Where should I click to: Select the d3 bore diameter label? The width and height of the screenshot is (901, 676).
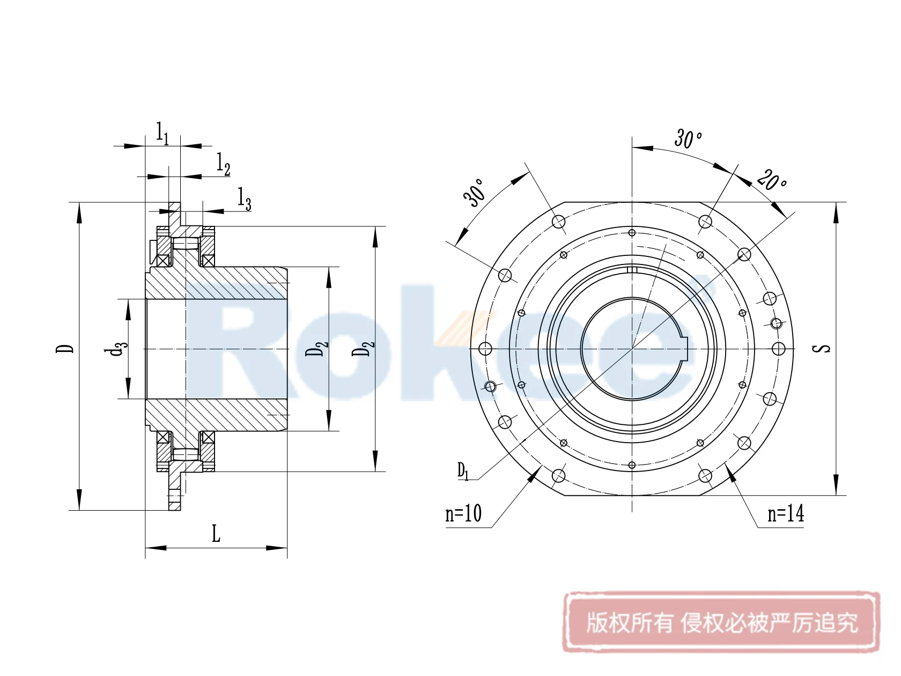[116, 349]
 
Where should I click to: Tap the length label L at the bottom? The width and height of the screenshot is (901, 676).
[216, 534]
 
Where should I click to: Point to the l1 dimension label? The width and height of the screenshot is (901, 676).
[163, 133]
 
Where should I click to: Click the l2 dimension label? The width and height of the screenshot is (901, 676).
[223, 164]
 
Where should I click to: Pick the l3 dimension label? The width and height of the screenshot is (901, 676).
[245, 199]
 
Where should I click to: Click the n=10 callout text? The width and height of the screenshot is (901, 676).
[463, 514]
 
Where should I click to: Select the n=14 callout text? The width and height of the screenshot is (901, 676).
[786, 514]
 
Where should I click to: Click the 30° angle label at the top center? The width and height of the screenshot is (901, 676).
[688, 138]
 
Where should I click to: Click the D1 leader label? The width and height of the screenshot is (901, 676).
[463, 472]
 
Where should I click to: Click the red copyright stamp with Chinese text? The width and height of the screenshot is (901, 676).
[721, 622]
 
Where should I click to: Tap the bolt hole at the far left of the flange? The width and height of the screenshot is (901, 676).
[485, 349]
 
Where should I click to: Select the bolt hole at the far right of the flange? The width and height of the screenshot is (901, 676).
[779, 349]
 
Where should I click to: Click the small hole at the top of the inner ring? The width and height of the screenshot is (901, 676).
[632, 233]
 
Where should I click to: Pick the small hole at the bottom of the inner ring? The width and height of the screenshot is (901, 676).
[632, 465]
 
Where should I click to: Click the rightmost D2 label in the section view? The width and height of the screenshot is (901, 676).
[363, 348]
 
